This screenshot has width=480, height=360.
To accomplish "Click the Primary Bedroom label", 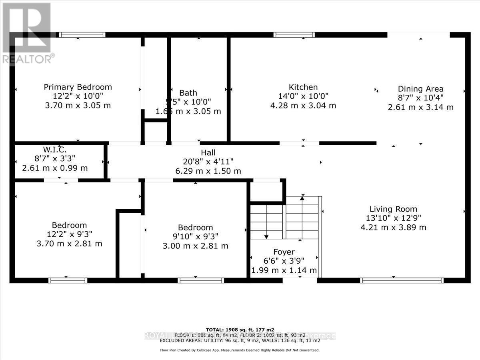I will coord(78,87).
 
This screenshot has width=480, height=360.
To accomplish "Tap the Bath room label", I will coord(188,93).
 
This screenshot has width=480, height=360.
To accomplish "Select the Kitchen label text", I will coord(303,87).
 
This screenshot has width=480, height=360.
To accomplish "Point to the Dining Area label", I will coord(420,89).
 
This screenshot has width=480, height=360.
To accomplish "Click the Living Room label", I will coord(393,209).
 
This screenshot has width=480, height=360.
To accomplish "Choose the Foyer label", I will coord(284,252).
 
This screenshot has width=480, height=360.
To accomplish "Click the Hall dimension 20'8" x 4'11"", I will coord(208,162).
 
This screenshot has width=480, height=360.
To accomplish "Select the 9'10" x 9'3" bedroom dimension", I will coord(195,236).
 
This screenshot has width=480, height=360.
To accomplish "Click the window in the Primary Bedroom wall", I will coord(82,35).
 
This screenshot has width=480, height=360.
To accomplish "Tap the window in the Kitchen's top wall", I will coord(294,35).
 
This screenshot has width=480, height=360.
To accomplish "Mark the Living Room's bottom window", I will coord(402,280).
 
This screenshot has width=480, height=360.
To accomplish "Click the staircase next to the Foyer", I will coord(285,218).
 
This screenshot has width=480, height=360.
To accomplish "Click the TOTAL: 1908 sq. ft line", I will coord(240,330).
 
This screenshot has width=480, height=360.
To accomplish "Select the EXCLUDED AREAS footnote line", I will coord(240,340).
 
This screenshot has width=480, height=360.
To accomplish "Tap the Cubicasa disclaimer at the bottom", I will coord(240,350).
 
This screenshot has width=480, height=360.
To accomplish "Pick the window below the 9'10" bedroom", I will coord(201,280).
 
